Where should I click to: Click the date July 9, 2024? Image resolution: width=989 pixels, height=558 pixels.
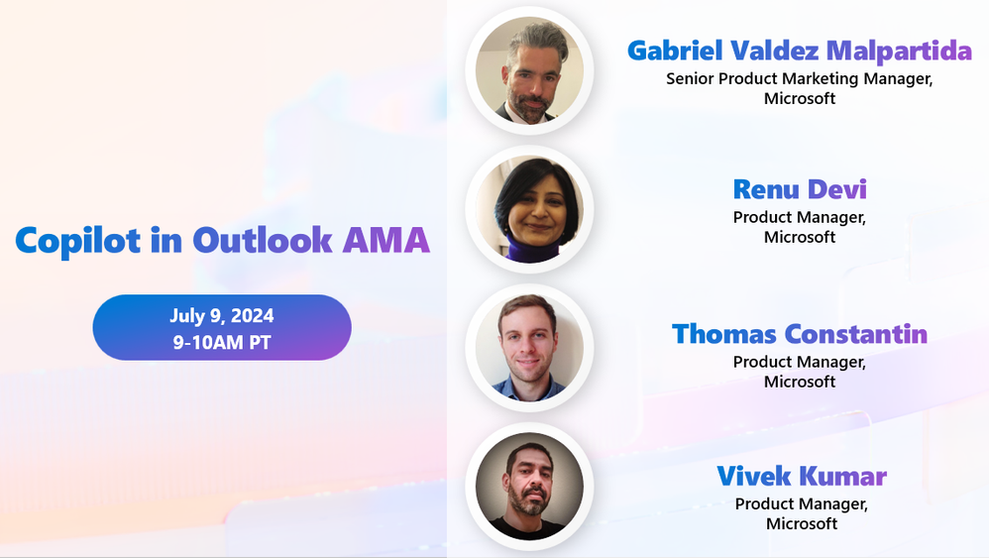[221, 316]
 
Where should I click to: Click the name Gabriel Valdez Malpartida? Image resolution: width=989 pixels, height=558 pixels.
[800, 51]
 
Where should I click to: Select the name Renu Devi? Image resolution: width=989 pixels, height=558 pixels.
[800, 188]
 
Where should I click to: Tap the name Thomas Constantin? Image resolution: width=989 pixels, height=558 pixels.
[800, 334]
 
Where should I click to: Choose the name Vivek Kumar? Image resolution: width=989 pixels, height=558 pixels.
[802, 477]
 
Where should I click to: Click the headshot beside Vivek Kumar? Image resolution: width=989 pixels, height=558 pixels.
[528, 487]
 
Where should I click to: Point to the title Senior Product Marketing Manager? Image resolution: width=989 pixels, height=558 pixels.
[800, 78]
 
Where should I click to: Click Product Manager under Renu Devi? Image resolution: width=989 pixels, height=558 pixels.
[800, 217]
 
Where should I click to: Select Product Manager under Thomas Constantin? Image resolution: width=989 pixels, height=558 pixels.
[800, 362]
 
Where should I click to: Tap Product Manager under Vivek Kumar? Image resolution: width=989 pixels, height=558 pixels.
[802, 503]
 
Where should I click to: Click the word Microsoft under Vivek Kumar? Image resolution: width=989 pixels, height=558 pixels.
[802, 523]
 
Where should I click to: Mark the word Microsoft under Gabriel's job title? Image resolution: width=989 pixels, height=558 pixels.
[800, 98]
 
